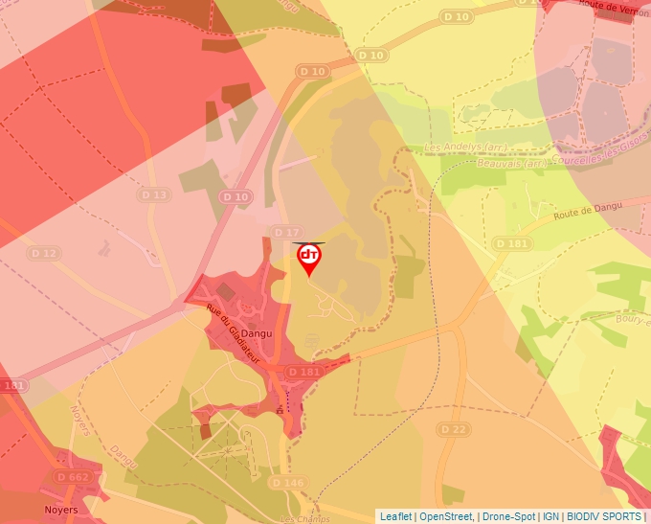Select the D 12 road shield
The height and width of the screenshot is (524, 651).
tap(44, 253)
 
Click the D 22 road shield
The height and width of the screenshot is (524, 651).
tap(455, 428)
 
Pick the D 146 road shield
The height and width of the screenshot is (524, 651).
tap(287, 483)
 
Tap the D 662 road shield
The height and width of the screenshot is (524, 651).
tap(73, 476)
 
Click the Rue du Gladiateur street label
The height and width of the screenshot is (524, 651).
tap(231, 328)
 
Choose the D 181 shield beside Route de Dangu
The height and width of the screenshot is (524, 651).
tap(512, 244)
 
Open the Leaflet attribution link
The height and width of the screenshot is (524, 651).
tap(395, 516)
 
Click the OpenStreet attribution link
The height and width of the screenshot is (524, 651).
tap(446, 516)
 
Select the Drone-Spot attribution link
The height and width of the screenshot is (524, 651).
tap(507, 516)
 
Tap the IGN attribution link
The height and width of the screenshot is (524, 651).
tap(551, 516)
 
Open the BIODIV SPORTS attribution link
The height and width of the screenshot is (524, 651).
tap(605, 516)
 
